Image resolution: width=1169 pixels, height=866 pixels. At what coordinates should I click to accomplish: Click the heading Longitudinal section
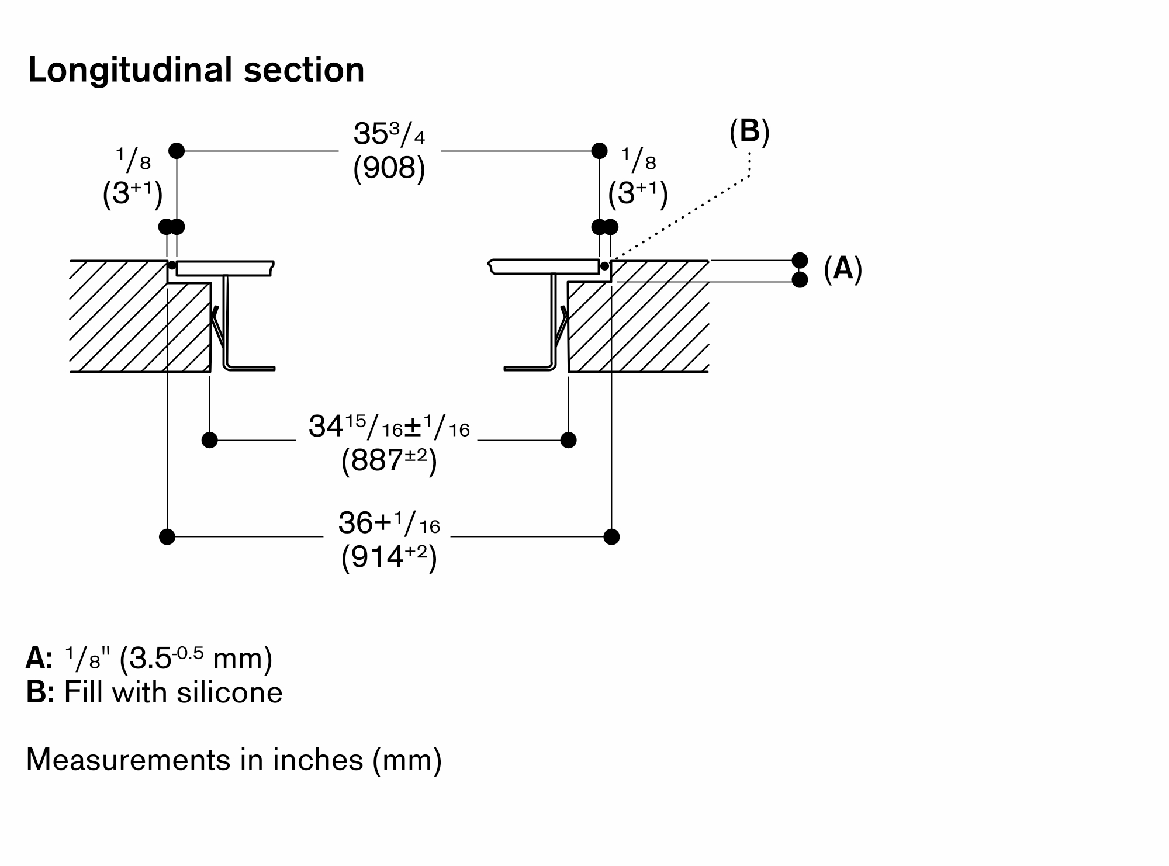tap(196, 70)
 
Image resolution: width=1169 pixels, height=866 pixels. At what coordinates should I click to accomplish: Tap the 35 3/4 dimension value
tap(389, 134)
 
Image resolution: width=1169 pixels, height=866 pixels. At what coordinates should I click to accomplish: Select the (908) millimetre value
tap(389, 168)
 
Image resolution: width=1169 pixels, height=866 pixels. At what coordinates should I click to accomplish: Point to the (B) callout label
tap(749, 131)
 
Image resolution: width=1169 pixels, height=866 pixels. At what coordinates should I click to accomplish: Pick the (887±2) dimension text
tap(389, 462)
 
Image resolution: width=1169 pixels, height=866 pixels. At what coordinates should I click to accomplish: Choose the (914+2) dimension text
tap(389, 558)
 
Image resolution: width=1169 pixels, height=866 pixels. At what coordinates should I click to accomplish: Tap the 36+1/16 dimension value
tap(389, 524)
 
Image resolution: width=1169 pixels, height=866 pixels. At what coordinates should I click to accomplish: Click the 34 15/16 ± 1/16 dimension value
tap(389, 427)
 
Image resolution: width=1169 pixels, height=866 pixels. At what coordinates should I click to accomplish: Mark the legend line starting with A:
tap(149, 659)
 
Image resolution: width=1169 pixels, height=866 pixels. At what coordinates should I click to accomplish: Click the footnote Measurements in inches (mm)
tap(234, 760)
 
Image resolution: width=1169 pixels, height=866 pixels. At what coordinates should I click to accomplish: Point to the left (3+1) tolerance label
tap(132, 193)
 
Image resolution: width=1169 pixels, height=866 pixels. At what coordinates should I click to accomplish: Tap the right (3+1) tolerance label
tap(638, 193)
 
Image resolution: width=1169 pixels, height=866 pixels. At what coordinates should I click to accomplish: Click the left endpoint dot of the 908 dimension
tap(177, 151)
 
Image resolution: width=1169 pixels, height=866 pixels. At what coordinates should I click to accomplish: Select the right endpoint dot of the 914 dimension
tap(611, 536)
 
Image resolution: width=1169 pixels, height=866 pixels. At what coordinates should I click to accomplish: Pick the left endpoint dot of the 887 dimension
tap(209, 440)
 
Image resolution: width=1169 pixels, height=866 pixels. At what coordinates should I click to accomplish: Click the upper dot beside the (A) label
tap(800, 260)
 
